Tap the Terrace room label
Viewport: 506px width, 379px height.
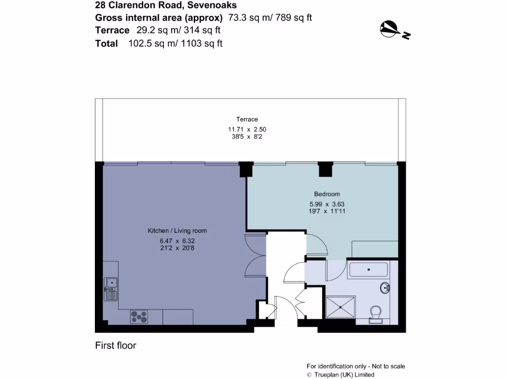[x=247, y=119]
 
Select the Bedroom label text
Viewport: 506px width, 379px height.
[x=327, y=194]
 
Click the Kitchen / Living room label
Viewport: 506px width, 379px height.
[x=177, y=230]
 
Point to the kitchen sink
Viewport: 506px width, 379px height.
[x=111, y=289]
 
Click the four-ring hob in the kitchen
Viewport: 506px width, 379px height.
[x=139, y=317]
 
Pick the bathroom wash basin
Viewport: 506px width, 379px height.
[x=385, y=288]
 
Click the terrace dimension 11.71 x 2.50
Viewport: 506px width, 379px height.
[x=247, y=129]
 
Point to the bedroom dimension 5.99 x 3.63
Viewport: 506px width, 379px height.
[x=327, y=204]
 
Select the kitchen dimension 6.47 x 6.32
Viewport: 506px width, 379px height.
[x=177, y=240]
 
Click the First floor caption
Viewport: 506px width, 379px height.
[x=116, y=345]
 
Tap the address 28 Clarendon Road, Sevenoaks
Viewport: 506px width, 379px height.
[x=166, y=5]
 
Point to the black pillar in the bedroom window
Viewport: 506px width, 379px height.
[x=325, y=170]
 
